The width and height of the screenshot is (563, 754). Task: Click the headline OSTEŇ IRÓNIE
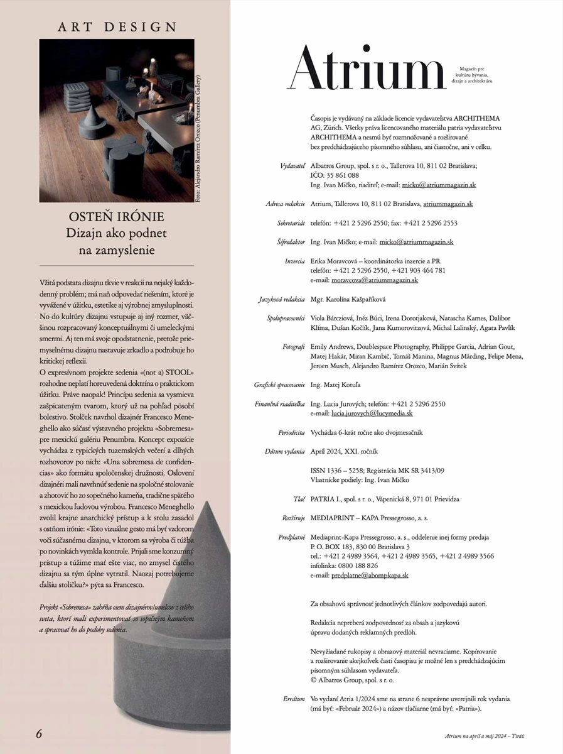coord(117,217)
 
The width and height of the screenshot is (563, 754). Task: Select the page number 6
coord(39,733)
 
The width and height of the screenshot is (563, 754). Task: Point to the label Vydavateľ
coord(292,166)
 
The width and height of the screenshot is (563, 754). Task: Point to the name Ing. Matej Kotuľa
coord(336,385)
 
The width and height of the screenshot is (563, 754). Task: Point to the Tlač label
coord(299,499)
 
